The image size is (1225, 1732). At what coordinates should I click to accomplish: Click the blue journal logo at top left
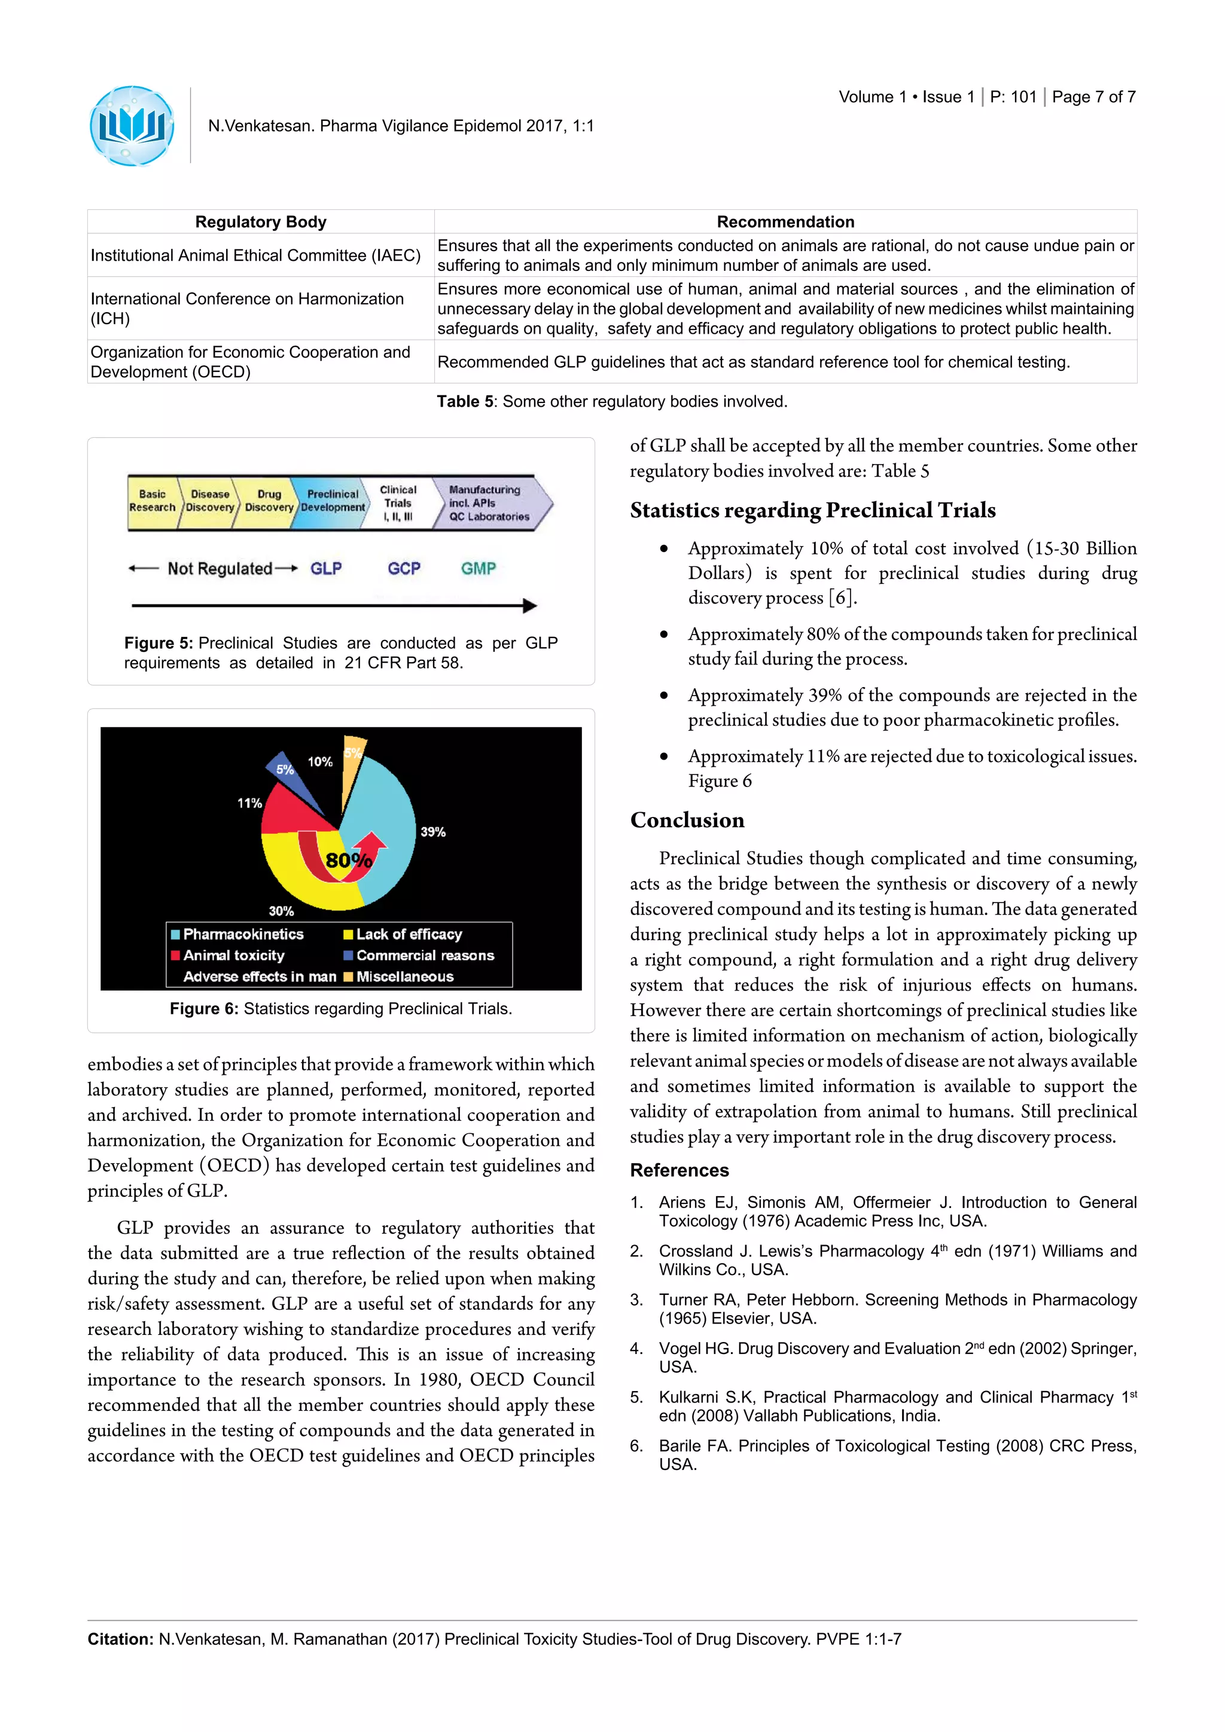[132, 126]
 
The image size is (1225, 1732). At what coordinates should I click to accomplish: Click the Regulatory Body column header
[260, 222]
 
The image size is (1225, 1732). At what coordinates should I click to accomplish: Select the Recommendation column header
[785, 222]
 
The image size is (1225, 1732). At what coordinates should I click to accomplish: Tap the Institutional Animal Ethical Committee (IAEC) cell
[256, 255]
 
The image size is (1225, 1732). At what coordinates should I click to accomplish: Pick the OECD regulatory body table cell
[251, 362]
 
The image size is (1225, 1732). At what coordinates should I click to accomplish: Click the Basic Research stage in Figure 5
[153, 501]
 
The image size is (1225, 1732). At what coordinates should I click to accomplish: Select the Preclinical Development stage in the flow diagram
[332, 501]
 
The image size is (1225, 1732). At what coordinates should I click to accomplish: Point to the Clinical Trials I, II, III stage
[398, 503]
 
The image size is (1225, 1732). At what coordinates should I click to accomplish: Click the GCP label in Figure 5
[404, 569]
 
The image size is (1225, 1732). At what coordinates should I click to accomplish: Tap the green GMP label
[479, 569]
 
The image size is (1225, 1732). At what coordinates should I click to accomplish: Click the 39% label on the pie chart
[433, 832]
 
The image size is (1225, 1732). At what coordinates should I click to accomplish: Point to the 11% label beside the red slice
[249, 803]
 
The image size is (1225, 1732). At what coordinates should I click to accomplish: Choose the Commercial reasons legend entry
[425, 955]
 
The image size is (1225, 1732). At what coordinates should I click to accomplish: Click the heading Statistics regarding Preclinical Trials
[812, 511]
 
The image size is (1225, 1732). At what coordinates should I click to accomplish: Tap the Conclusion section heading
[687, 820]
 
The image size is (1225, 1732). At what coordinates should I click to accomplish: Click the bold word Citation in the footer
[120, 1639]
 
